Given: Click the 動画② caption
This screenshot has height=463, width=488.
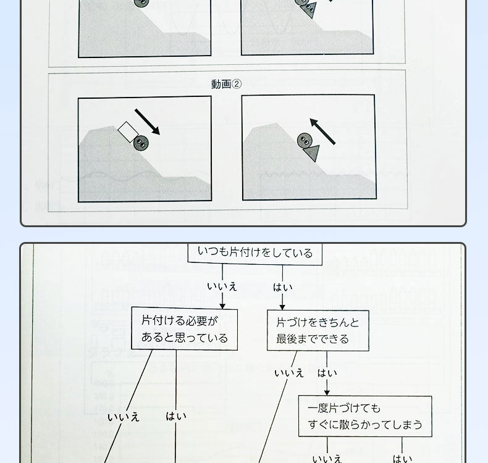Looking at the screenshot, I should coord(226,85).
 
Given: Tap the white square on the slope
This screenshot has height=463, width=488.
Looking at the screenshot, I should coord(127,132).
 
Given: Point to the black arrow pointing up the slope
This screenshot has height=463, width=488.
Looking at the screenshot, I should coord(322,131).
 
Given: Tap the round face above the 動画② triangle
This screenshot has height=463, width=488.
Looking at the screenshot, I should coord(304,141).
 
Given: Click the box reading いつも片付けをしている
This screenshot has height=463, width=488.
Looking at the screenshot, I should coord(255,252).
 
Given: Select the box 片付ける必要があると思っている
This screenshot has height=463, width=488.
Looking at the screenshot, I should coord(184,329).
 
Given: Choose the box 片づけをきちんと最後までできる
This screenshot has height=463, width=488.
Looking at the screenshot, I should coord(318,331).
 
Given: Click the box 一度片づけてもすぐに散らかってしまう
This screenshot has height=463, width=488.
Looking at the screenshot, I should coord(364,416).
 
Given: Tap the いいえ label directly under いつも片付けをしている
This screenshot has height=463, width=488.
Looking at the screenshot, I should coord(222,287).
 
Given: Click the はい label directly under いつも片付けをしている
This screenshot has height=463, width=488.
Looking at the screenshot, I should coord(282,287).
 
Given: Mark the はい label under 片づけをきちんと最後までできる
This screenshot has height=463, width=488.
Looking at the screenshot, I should coord(327,373).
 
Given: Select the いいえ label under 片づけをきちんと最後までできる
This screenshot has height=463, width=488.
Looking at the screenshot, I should coord(289,373).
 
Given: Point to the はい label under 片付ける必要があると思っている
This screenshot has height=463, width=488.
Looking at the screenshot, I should coord(176,416).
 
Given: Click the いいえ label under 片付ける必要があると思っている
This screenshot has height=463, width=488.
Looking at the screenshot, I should coord(124,417).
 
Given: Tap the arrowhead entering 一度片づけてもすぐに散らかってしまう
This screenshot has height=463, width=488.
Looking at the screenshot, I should coord(327,392).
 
